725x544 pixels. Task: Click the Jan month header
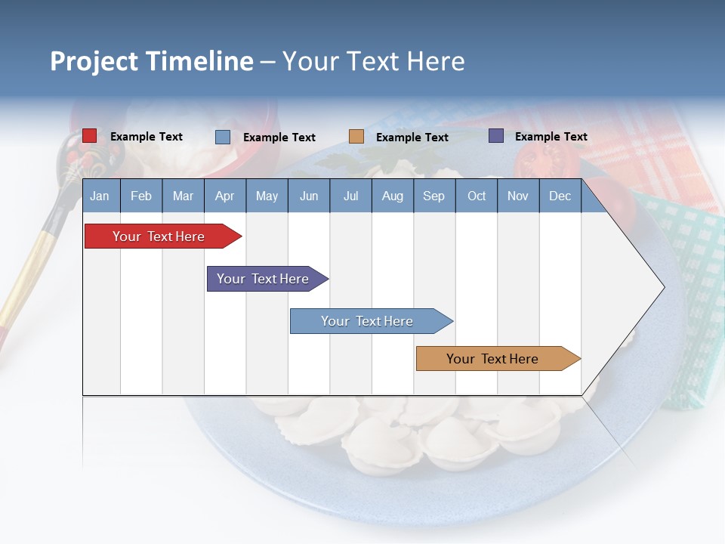click(100, 196)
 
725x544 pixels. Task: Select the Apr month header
click(224, 196)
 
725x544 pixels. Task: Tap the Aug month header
click(392, 196)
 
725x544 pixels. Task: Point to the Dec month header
click(560, 196)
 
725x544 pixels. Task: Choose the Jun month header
click(308, 196)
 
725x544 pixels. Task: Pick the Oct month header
click(476, 196)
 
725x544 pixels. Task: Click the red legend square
click(89, 136)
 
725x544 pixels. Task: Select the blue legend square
click(222, 137)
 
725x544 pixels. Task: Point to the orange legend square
click(356, 137)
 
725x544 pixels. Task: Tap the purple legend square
click(495, 136)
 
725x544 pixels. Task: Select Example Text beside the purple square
click(551, 137)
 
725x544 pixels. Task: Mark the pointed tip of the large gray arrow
click(664, 287)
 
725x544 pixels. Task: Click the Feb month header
click(141, 196)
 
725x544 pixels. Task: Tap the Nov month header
click(517, 196)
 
